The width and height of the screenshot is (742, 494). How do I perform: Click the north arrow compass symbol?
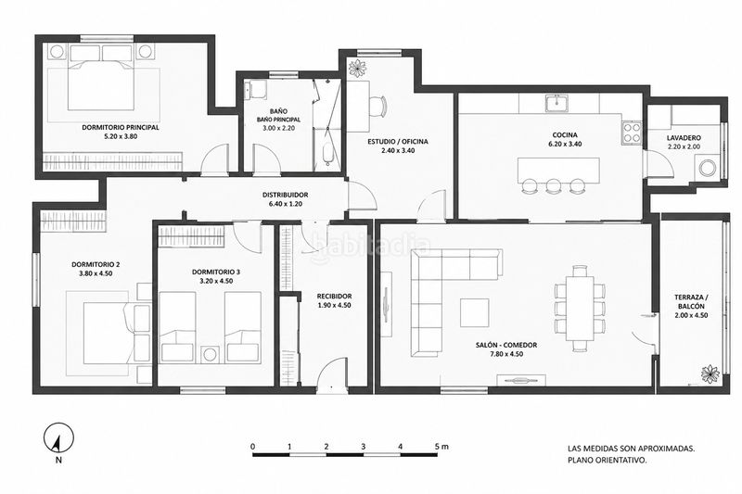(58, 437)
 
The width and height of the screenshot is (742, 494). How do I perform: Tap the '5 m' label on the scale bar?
(441, 446)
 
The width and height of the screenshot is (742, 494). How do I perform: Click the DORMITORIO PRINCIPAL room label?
(121, 128)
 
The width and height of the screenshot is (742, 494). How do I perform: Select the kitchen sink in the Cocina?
(557, 104)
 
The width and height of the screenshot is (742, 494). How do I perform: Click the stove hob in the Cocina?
(631, 133)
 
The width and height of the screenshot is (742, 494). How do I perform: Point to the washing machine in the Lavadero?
(707, 168)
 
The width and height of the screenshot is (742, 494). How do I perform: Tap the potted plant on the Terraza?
(710, 374)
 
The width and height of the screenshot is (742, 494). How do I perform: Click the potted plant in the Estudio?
(357, 68)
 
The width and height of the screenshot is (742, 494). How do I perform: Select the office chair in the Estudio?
(377, 107)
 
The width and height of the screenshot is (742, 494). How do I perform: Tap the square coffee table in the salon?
(475, 313)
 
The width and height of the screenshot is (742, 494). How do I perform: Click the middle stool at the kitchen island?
(553, 185)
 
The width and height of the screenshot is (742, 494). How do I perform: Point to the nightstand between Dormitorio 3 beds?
(211, 355)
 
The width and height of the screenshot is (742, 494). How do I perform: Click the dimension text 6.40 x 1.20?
(286, 204)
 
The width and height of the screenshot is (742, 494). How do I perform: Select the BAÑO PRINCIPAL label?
(278, 120)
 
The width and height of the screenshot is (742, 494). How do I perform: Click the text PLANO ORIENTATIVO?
(608, 459)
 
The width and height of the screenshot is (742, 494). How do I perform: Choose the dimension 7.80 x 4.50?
(505, 354)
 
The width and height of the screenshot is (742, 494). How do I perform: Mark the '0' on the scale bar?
(253, 446)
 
